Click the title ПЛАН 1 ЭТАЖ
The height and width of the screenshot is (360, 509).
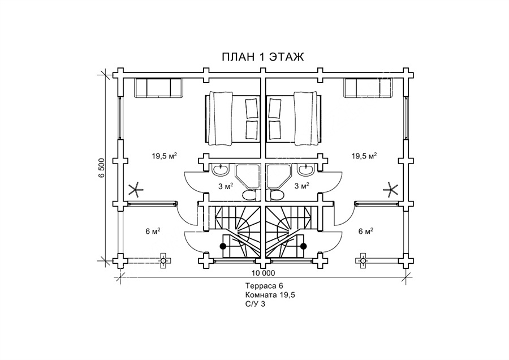pos(263,57)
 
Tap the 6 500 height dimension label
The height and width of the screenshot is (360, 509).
pos(102,168)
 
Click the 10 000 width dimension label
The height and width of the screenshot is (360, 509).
pos(263,273)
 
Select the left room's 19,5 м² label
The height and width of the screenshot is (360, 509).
pos(164,156)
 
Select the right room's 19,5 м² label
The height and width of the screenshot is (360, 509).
pos(364,156)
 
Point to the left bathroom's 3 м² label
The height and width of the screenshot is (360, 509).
pos(225,186)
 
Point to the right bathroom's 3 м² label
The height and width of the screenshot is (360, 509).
pos(301,186)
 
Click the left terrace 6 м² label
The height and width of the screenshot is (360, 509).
pos(153,232)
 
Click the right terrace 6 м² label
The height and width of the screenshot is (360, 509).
pos(365,232)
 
